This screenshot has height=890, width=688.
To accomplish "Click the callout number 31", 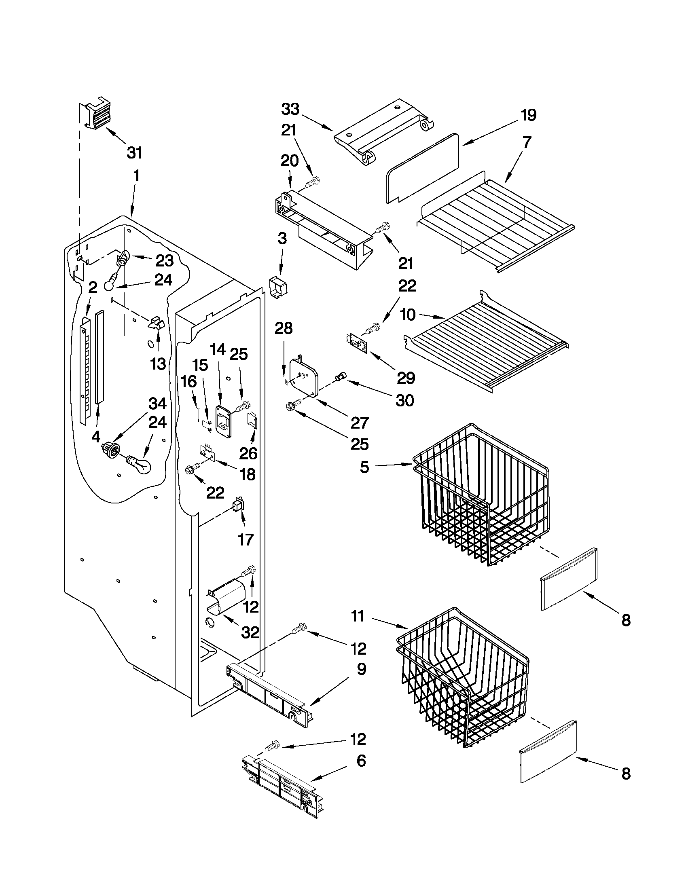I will pyautogui.click(x=134, y=153).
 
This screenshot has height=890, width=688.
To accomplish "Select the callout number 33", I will pyautogui.click(x=290, y=109).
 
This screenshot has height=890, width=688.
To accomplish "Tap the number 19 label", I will pyautogui.click(x=528, y=115).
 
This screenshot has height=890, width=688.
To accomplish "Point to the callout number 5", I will pyautogui.click(x=364, y=467).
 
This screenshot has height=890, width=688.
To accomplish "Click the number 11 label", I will pyautogui.click(x=358, y=616).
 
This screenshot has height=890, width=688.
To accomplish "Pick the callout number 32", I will pyautogui.click(x=250, y=632).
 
